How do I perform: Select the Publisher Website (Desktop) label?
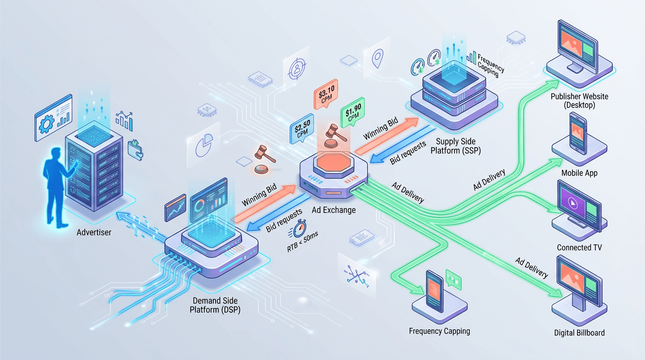tap(579, 101)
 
